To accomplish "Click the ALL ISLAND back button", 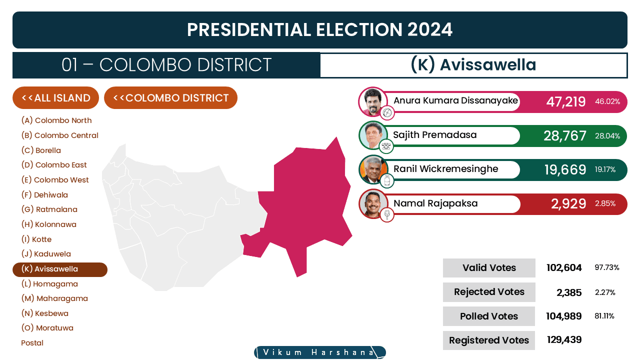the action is point(55,97).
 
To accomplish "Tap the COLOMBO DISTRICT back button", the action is point(170,97).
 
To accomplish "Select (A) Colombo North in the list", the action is point(56,120).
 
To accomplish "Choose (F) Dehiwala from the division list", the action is point(44,195).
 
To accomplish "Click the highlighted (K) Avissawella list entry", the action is point(60,269).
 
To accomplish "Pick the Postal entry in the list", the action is point(32,343).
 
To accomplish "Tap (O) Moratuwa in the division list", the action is point(47,327).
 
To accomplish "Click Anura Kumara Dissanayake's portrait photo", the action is point(372,101).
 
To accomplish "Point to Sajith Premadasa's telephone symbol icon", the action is point(386,146).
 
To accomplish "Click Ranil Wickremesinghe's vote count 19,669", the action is point(565,169).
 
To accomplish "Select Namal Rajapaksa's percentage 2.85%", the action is point(605,203).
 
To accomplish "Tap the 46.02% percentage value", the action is point(607,101).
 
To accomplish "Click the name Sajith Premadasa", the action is point(435,135).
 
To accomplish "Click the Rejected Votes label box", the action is point(489,292).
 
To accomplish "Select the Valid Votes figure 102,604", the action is point(564,267).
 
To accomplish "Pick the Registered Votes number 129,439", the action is point(564,339).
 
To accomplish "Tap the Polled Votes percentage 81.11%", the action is point(604,316).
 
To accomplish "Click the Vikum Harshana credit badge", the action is point(320,352).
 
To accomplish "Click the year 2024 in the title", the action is point(429,29).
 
